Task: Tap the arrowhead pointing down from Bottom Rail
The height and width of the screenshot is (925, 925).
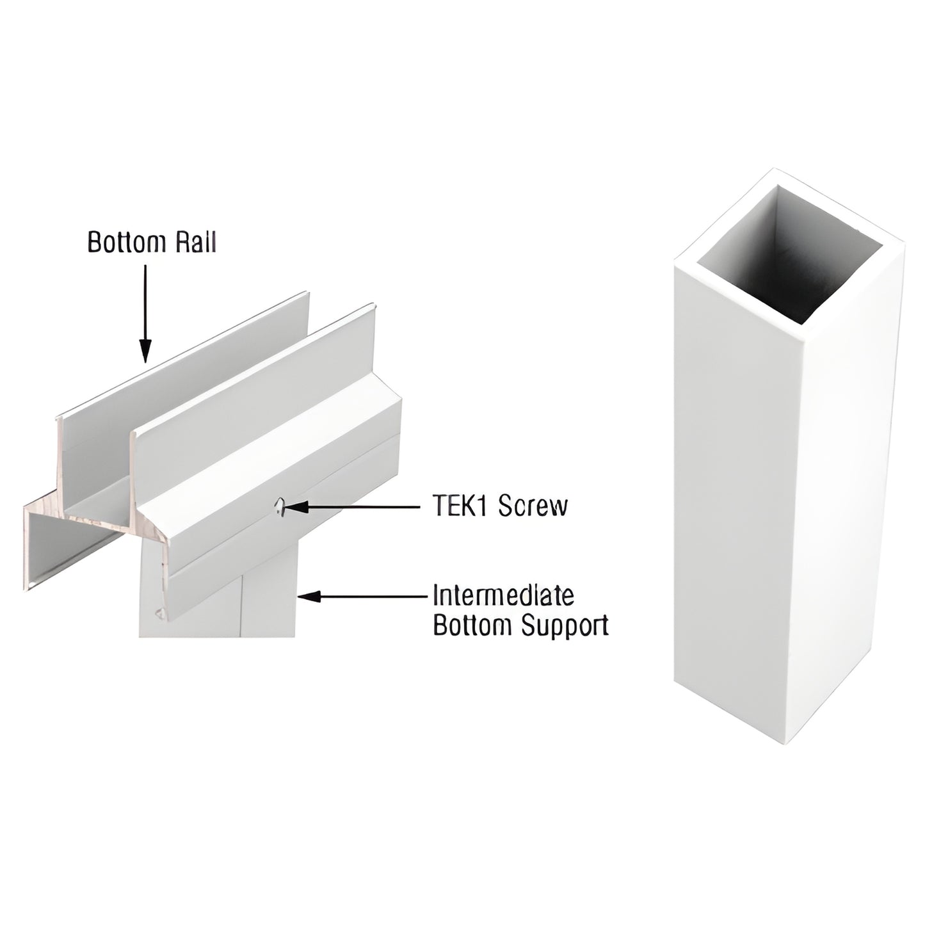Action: (x=145, y=350)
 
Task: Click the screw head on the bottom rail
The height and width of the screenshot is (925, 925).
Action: (x=278, y=508)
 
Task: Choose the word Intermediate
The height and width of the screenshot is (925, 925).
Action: (x=503, y=595)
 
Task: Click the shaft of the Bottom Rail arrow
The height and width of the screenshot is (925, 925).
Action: (x=145, y=301)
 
